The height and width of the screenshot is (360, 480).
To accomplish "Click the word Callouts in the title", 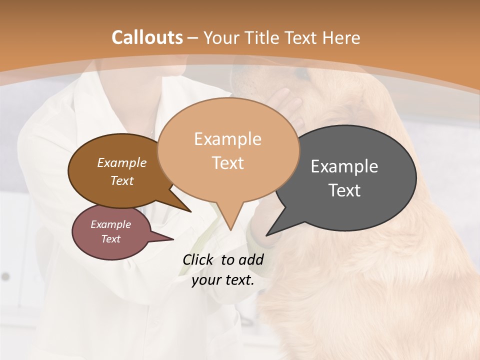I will click(x=147, y=37).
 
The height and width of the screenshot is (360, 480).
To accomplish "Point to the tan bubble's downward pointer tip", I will click(x=230, y=228).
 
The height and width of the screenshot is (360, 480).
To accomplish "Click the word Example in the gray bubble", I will click(x=344, y=166).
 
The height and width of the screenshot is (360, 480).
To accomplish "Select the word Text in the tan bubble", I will click(x=228, y=163).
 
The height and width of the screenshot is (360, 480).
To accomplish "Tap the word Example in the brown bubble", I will click(x=122, y=163).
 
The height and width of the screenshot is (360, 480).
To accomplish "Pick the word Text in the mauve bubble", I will click(x=111, y=239).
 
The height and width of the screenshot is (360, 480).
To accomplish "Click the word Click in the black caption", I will click(x=198, y=259).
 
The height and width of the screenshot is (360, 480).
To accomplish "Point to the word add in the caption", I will click(x=251, y=259).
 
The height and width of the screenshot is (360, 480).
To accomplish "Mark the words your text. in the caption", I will click(x=223, y=280).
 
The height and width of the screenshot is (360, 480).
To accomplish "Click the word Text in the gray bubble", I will click(x=344, y=190).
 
